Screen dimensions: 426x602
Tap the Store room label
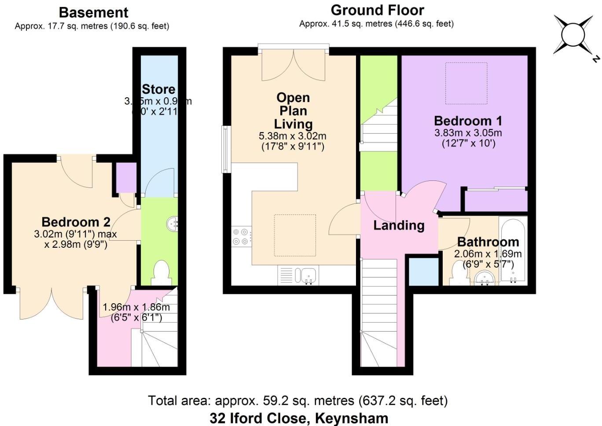158,89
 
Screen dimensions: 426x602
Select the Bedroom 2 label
76,222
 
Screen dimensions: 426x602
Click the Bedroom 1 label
468,121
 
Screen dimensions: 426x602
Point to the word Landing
399,225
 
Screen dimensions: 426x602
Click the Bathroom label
488,242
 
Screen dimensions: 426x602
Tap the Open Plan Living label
293,110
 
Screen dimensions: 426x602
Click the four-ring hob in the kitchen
241,236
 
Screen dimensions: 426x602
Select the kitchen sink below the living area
307,275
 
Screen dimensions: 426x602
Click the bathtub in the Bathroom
513,251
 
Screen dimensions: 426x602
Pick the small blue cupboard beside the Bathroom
424,272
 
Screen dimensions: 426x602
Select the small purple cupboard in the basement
126,178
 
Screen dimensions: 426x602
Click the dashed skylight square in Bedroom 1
466,84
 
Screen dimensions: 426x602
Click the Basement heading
93,12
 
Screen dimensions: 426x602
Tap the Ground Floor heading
377,10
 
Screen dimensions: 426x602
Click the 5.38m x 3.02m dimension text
293,136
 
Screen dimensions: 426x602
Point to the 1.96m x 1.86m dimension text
136,307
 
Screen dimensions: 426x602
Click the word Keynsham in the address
352,418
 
